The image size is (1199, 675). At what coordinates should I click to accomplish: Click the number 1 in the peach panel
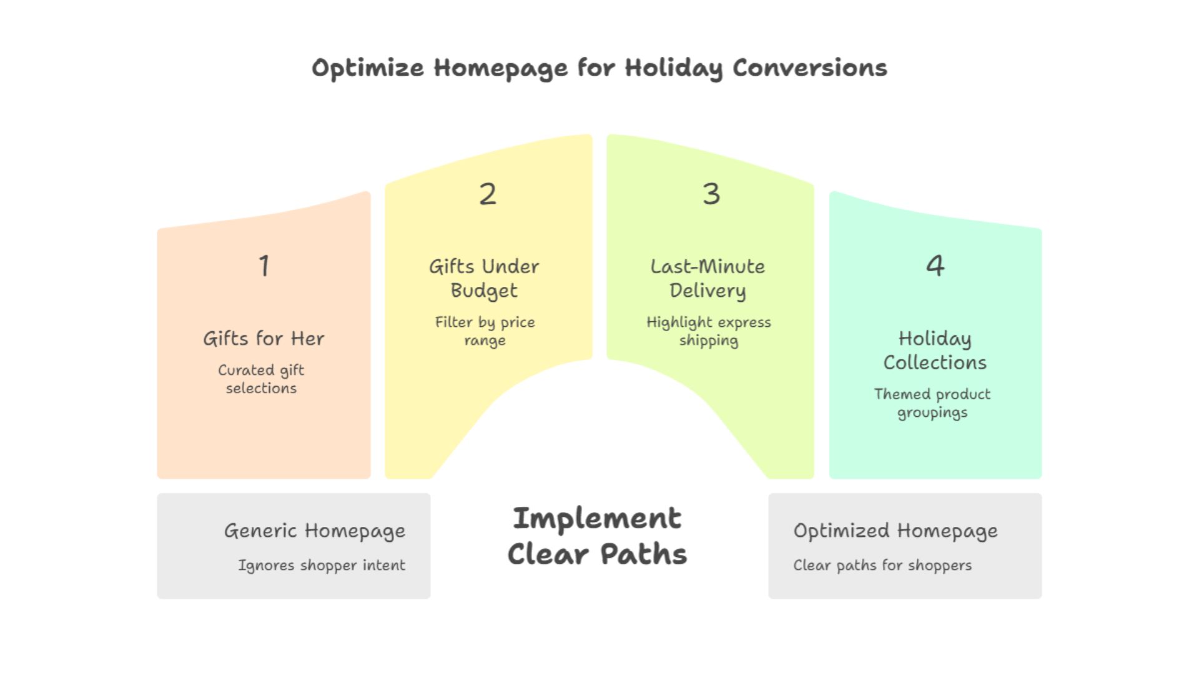[264, 266]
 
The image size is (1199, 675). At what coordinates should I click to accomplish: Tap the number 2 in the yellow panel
[488, 194]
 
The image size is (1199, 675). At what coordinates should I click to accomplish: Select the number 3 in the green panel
[711, 194]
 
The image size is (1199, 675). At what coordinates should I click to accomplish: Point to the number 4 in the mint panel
[935, 266]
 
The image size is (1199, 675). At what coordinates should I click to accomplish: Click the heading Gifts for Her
[264, 339]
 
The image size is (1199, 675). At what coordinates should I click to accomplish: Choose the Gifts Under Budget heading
[484, 279]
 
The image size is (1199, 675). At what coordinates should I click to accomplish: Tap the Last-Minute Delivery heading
[708, 279]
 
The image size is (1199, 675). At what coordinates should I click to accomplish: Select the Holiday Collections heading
[935, 351]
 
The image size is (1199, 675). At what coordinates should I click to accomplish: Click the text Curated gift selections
[261, 379]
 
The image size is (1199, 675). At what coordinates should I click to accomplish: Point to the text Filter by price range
[485, 331]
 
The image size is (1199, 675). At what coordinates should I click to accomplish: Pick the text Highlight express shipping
[708, 331]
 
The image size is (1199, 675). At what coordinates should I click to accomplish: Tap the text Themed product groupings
[932, 403]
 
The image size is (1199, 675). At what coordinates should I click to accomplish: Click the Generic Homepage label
[315, 531]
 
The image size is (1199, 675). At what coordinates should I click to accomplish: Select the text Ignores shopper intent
[322, 566]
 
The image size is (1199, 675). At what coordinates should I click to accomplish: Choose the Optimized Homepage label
[896, 531]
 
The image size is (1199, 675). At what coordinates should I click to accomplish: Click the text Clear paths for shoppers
[882, 566]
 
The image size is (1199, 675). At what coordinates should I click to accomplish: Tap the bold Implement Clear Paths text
[598, 536]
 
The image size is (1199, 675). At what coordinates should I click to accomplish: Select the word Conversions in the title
[809, 68]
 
